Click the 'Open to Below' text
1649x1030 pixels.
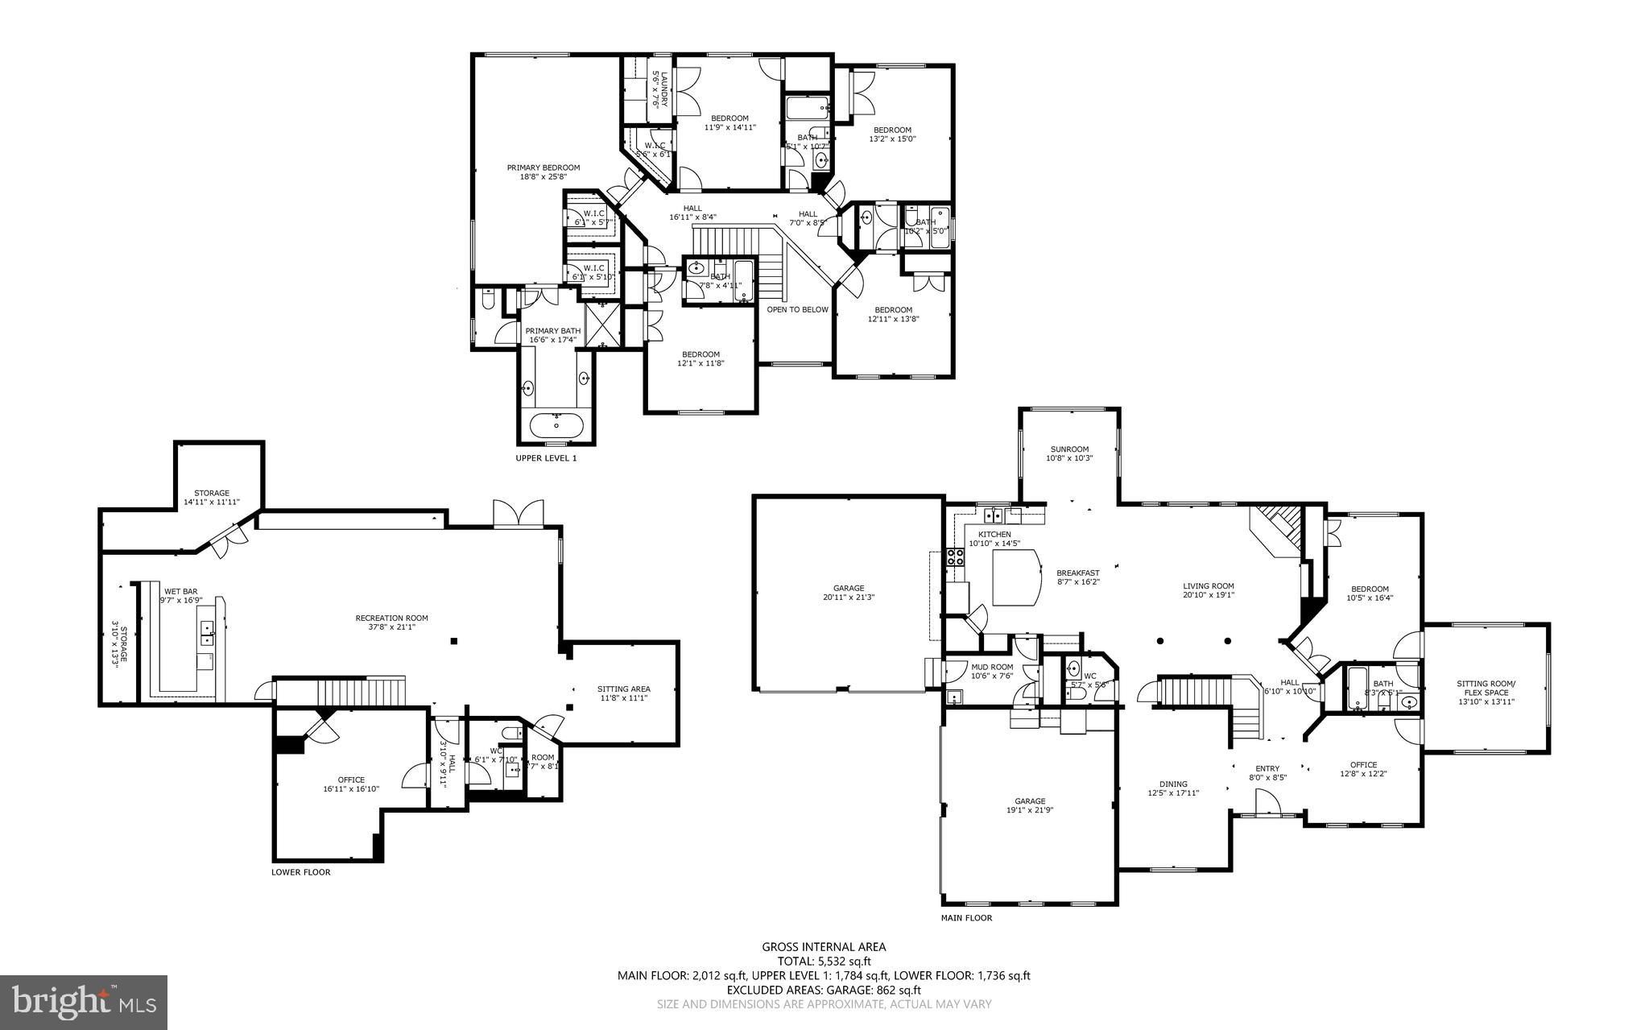tap(797, 309)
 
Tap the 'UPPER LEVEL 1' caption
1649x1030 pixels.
tap(546, 458)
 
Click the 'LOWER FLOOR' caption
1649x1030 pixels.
tap(300, 872)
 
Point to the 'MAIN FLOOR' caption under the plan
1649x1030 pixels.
tap(966, 917)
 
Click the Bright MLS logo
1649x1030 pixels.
tap(84, 1001)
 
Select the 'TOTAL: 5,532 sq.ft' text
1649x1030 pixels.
tap(824, 961)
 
